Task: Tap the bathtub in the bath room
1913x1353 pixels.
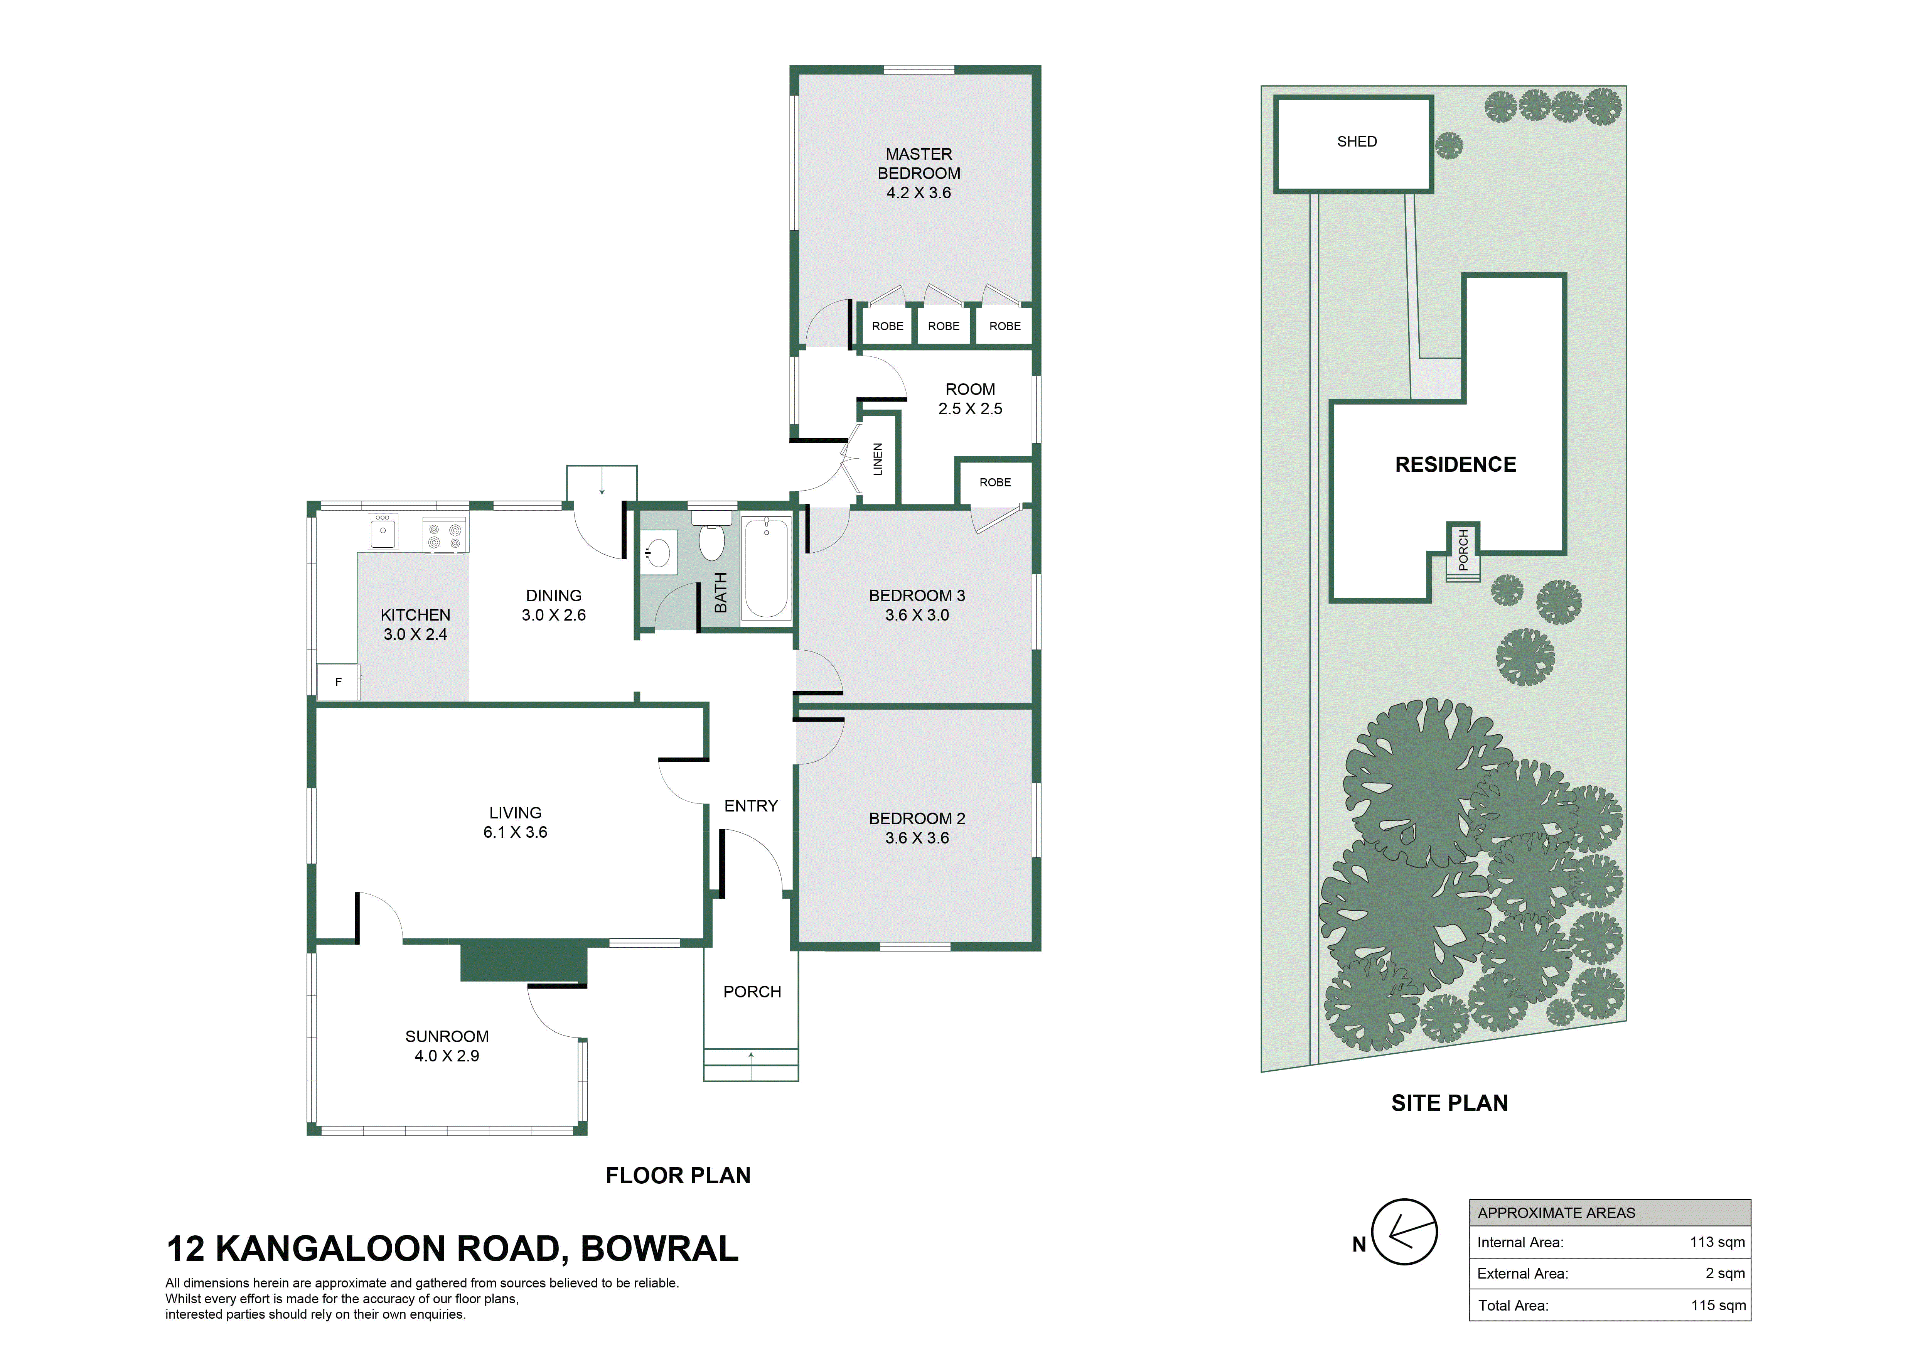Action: pyautogui.click(x=766, y=567)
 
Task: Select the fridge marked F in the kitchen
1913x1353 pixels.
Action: pyautogui.click(x=338, y=682)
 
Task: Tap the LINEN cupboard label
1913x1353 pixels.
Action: pyautogui.click(x=877, y=459)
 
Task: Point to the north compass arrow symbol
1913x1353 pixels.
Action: pyautogui.click(x=1405, y=1232)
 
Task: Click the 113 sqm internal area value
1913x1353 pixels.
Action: pyautogui.click(x=1717, y=1242)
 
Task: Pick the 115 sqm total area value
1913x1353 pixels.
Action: pyautogui.click(x=1718, y=1306)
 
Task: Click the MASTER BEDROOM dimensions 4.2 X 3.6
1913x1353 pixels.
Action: pyautogui.click(x=918, y=192)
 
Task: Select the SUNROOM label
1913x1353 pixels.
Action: pyautogui.click(x=447, y=1036)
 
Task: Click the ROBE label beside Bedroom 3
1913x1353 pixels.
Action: pyautogui.click(x=995, y=482)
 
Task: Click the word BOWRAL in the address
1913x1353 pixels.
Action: pyautogui.click(x=659, y=1249)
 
